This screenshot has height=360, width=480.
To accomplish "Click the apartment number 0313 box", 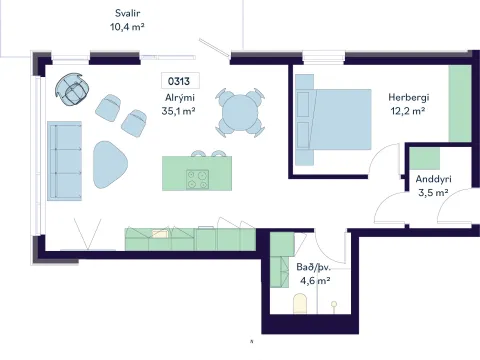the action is click(x=180, y=81).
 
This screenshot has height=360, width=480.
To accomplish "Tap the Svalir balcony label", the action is click(x=127, y=13).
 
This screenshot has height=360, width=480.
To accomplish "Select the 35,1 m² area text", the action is click(x=178, y=111).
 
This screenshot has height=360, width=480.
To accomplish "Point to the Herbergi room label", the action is click(x=409, y=97).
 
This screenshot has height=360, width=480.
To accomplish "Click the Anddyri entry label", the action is click(x=433, y=179).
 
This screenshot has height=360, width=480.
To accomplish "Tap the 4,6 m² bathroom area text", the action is click(x=315, y=281).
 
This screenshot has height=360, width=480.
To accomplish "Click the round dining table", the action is click(x=240, y=113).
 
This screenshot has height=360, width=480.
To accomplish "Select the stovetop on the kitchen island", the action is click(x=198, y=179).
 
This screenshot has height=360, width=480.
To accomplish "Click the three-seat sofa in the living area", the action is click(x=64, y=161).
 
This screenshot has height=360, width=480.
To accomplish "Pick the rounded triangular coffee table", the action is click(x=109, y=165).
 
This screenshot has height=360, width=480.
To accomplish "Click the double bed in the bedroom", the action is click(x=333, y=120).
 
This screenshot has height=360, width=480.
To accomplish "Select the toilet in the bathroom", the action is click(x=300, y=303).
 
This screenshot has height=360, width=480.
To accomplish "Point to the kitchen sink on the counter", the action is click(x=160, y=234).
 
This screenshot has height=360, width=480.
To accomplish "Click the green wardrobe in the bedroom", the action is click(x=460, y=104).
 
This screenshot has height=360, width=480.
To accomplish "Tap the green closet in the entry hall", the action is click(x=424, y=158).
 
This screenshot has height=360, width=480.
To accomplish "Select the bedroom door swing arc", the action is click(x=381, y=157).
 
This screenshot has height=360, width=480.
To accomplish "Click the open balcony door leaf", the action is click(x=214, y=47).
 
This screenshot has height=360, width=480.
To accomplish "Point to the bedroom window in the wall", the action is click(x=323, y=57).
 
